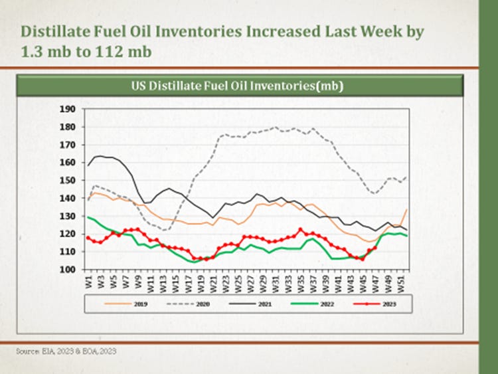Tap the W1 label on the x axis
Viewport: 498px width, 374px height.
tap(88, 280)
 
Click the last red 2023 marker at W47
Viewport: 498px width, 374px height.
tap(376, 248)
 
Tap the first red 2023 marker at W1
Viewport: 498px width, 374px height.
tap(88, 237)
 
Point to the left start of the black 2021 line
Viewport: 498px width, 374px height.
tap(88, 165)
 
